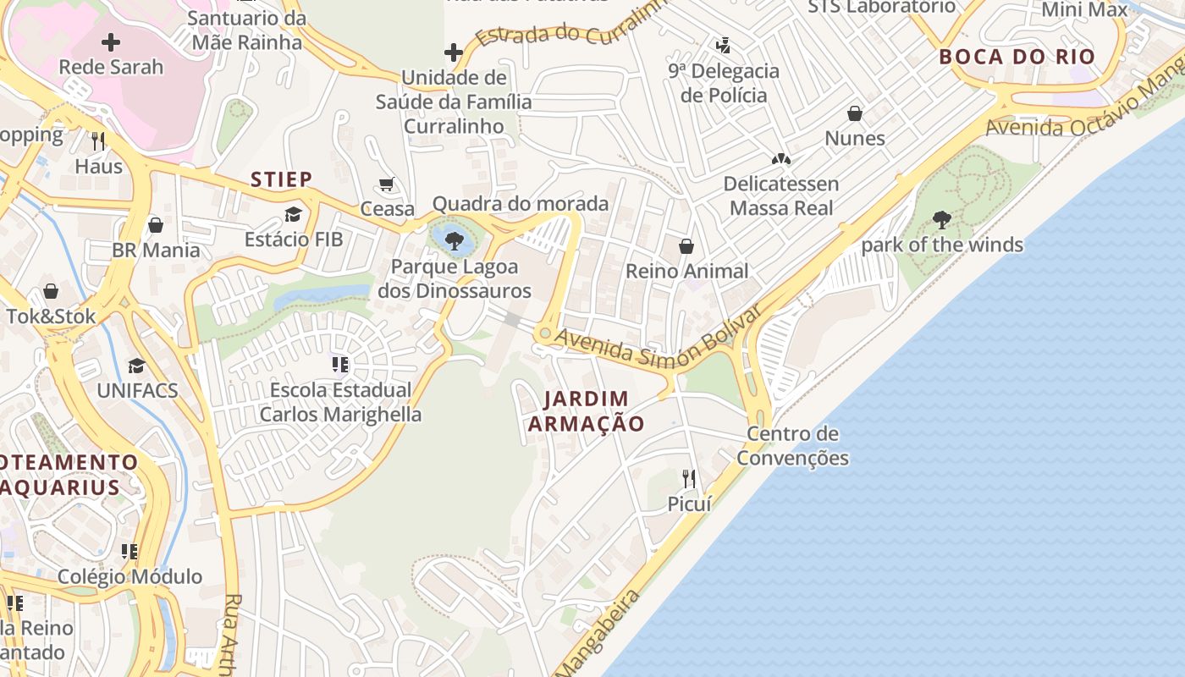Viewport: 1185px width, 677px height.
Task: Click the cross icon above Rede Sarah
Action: pos(111,41)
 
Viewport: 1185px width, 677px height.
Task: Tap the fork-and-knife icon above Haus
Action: pos(98,140)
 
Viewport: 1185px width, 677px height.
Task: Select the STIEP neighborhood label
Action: pos(282,179)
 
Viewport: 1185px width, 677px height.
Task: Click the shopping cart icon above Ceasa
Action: pos(387,184)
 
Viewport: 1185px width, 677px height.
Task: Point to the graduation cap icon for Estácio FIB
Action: pos(294,214)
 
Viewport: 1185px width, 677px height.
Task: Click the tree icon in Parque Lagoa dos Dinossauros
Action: pos(455,240)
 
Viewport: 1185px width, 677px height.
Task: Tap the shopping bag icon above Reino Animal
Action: pos(686,246)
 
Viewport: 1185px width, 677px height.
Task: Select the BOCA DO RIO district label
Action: pos(1017,58)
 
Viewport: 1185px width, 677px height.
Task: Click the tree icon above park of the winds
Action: pos(941,220)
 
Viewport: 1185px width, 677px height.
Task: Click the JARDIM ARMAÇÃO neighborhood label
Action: pos(587,411)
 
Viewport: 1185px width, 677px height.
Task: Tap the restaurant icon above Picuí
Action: pos(689,479)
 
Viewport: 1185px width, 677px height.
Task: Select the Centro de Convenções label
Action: pos(792,446)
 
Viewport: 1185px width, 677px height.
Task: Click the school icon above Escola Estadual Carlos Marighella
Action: pos(340,365)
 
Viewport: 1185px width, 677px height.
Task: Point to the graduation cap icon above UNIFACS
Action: pos(136,366)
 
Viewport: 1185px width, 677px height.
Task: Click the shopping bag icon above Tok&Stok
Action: pos(51,291)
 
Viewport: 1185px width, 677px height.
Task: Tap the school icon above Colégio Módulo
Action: pos(130,552)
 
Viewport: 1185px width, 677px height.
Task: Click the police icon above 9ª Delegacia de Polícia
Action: pos(723,45)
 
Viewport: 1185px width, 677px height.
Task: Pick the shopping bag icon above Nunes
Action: pos(855,113)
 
